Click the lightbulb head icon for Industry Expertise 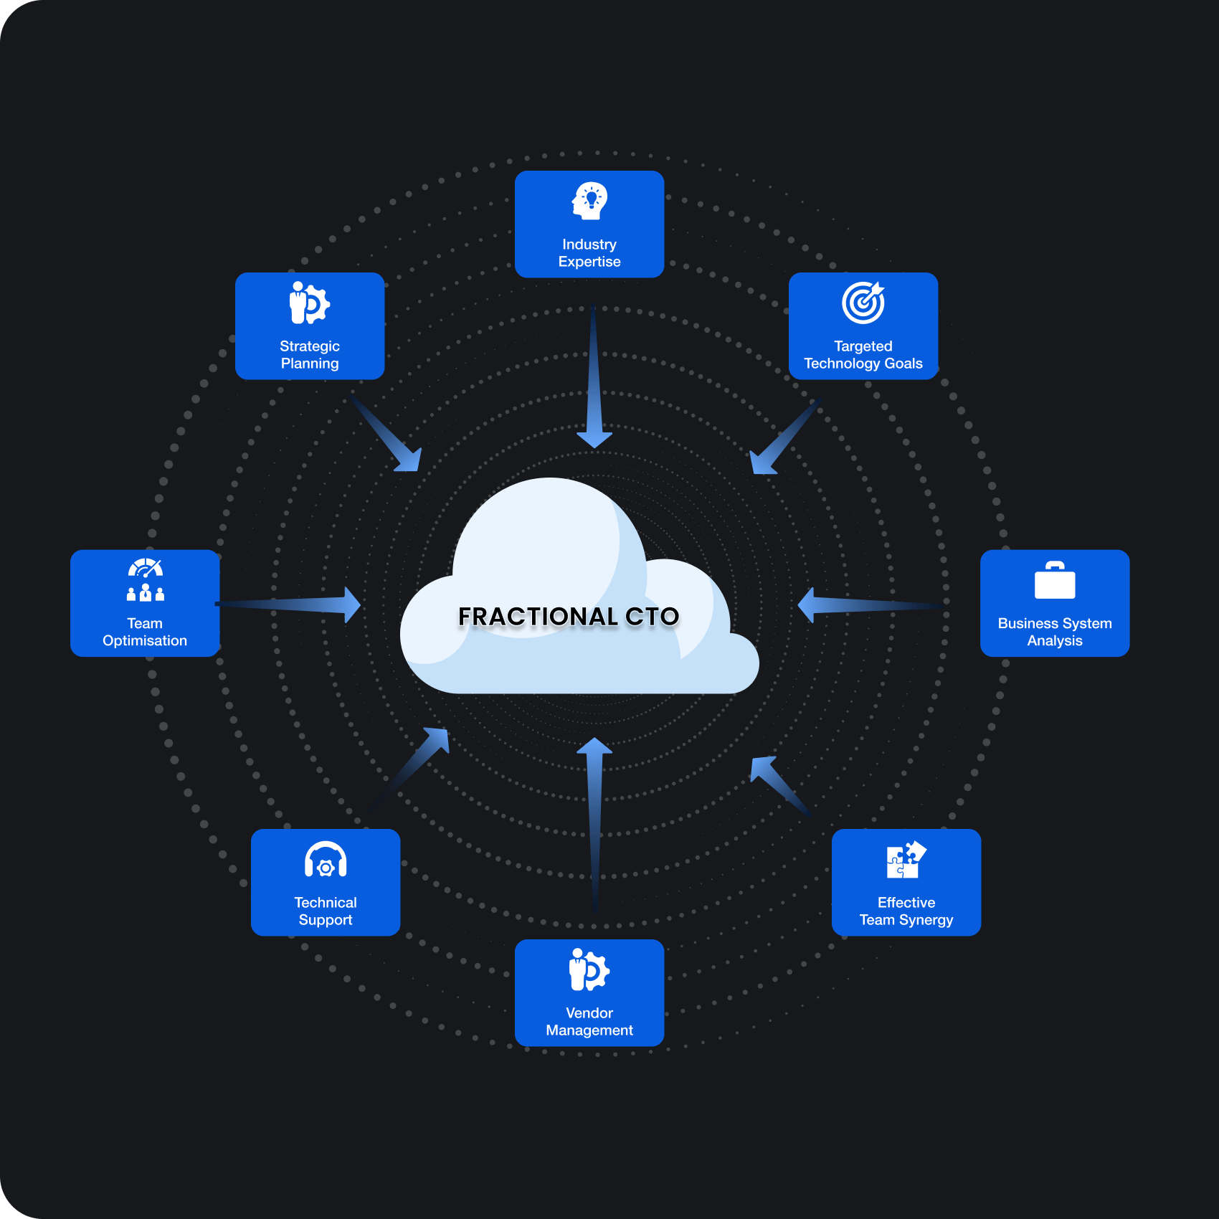coord(589,201)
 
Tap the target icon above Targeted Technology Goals coord(863,303)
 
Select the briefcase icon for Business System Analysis coord(1055,580)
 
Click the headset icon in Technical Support coord(326,860)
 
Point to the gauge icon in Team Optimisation coord(146,568)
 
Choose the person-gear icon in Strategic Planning coord(310,303)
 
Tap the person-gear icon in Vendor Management coord(589,969)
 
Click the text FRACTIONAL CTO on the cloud coord(569,617)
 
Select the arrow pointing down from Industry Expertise coord(594,377)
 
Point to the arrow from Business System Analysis coord(872,605)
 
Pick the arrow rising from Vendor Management coord(594,825)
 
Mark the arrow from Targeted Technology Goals coord(784,436)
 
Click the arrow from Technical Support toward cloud coord(409,771)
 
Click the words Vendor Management coord(589,1022)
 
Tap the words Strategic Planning coord(310,355)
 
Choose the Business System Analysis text coord(1055,632)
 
